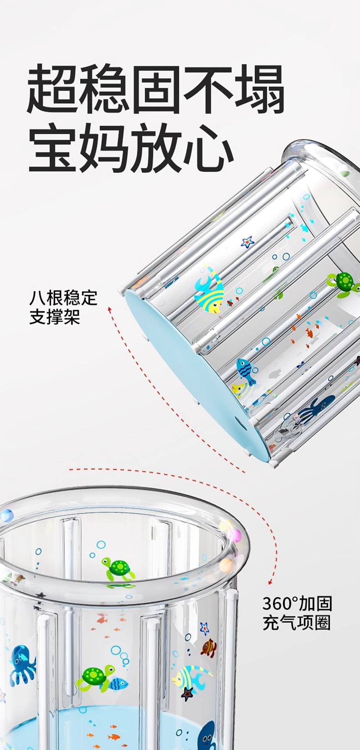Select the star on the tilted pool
(247, 242)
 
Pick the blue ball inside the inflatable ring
(7, 516)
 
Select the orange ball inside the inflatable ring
(226, 565)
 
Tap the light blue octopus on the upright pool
(21, 663)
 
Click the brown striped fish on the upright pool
(208, 648)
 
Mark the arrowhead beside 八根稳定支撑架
(109, 309)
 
